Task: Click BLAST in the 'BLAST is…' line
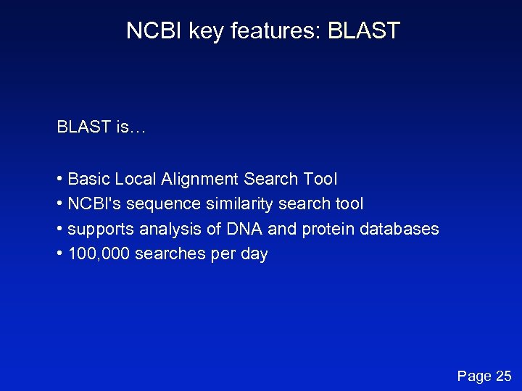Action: [83, 127]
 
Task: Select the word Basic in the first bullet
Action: [87, 179]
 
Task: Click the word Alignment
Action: [199, 179]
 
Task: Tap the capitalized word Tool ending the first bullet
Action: [320, 179]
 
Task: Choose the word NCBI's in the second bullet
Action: [93, 204]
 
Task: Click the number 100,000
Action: [98, 254]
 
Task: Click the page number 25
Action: [502, 376]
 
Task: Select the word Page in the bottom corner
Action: [473, 376]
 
